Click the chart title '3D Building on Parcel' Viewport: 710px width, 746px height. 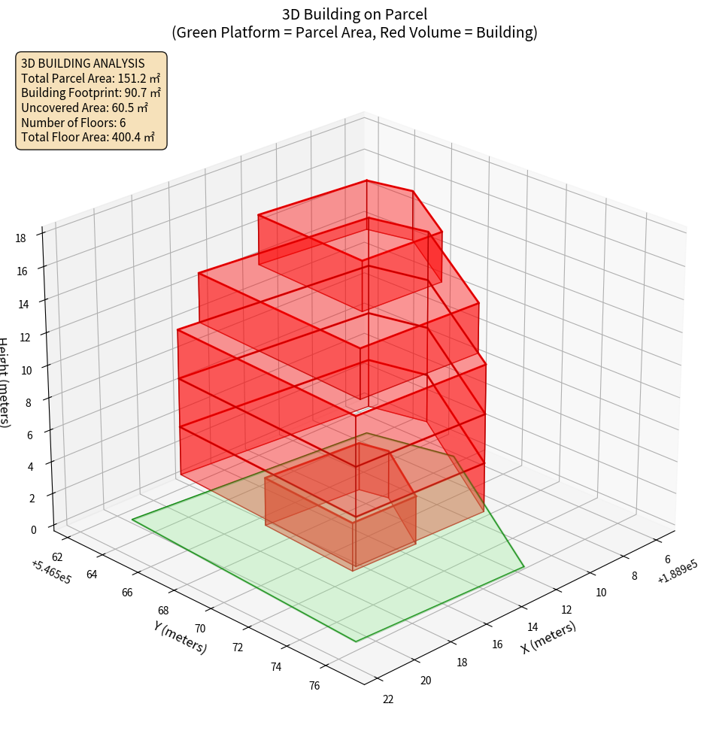(x=354, y=14)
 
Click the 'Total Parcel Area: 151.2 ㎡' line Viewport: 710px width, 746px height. (x=90, y=77)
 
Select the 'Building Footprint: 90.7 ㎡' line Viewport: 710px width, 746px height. (x=91, y=92)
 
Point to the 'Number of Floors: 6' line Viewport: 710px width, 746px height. (x=74, y=123)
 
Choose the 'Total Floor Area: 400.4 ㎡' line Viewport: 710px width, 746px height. (x=88, y=137)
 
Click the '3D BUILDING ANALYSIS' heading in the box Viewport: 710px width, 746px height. (x=83, y=63)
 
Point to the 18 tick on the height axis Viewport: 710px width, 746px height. (x=21, y=238)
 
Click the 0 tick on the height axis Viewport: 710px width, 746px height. (x=34, y=529)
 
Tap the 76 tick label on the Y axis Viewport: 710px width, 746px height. (x=314, y=684)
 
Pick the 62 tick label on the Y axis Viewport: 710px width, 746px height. (x=57, y=556)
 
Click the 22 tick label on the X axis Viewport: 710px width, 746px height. (x=387, y=699)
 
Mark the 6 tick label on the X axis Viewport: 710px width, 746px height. (x=668, y=559)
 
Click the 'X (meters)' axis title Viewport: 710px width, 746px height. (x=548, y=637)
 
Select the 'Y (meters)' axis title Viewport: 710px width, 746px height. (x=180, y=636)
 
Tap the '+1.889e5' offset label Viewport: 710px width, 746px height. (x=677, y=573)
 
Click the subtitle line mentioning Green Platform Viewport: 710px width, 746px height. (x=354, y=32)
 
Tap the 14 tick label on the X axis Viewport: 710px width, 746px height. (x=532, y=627)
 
